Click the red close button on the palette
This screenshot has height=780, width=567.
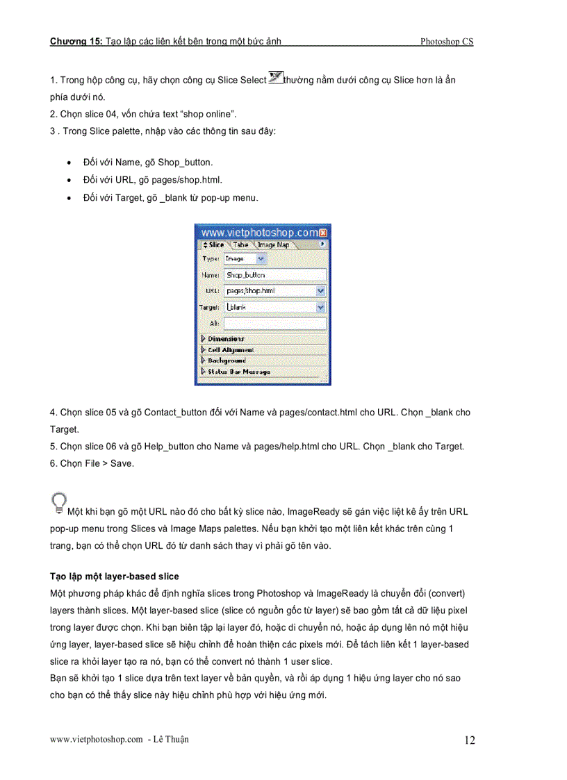(x=324, y=233)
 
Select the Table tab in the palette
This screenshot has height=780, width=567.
(x=240, y=244)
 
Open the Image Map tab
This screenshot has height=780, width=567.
(x=273, y=244)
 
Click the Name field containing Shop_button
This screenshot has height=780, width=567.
(x=274, y=275)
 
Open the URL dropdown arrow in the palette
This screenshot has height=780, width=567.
(x=320, y=291)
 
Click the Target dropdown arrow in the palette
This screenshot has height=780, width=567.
(x=320, y=307)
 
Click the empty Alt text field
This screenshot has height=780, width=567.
(x=274, y=323)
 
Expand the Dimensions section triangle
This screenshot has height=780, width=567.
(x=203, y=339)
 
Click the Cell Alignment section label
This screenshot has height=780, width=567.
(x=231, y=350)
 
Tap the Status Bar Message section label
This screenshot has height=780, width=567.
(x=238, y=372)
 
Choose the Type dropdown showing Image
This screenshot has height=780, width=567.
(x=245, y=258)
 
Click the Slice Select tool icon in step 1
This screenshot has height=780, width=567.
(x=275, y=78)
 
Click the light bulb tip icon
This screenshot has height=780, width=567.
(x=59, y=503)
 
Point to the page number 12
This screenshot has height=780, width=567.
(x=470, y=740)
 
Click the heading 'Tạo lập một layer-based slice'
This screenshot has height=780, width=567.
(x=114, y=576)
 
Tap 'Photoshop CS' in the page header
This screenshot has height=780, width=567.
(x=446, y=42)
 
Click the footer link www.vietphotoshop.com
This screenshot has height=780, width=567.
(x=96, y=740)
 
